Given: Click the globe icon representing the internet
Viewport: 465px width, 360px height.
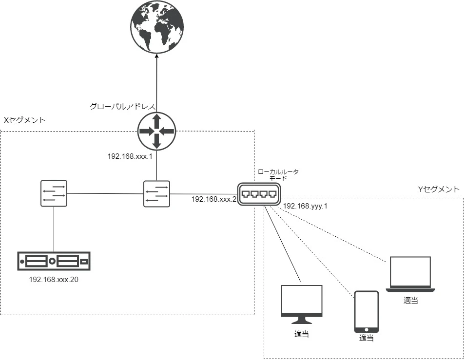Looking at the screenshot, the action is click(157, 26).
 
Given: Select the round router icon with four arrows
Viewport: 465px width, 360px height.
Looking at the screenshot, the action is click(157, 131).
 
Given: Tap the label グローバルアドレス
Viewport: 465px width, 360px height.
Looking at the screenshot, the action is click(122, 106).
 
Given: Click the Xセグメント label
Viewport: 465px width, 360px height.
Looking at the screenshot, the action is click(24, 120).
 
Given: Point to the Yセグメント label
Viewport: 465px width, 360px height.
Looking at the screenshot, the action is click(439, 189).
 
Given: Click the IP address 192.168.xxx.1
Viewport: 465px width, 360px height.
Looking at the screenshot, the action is click(130, 156).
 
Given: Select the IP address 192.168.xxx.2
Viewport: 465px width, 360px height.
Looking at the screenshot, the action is click(214, 199).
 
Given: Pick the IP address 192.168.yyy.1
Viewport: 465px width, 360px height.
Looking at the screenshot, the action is click(305, 206).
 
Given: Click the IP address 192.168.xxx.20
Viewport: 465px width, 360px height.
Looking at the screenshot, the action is click(54, 280).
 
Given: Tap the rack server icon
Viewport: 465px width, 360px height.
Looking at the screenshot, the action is click(54, 261).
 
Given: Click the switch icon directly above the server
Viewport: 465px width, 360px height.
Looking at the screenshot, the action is click(54, 193).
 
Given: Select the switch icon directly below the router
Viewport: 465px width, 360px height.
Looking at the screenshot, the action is click(156, 194).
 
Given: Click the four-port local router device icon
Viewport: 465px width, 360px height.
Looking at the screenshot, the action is click(259, 194).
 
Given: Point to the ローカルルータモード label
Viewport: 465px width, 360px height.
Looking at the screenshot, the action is click(278, 175).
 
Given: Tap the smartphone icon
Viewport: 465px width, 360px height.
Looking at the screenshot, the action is click(367, 312).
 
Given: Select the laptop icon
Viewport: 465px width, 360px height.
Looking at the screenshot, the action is click(410, 274).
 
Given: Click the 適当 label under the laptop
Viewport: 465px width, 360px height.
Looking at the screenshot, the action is click(411, 301).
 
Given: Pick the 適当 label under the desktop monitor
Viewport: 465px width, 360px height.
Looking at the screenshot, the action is click(302, 334).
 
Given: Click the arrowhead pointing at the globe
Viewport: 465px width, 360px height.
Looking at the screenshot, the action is click(157, 56).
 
